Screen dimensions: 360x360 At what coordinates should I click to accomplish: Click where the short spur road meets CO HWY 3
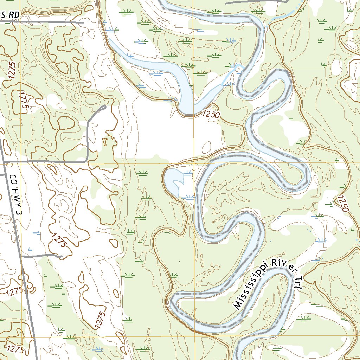21,256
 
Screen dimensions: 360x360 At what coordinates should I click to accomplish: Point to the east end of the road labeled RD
83,22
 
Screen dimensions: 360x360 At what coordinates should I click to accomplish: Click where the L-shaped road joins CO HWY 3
5,162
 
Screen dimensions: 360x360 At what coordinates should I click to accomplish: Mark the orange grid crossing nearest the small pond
193,164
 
